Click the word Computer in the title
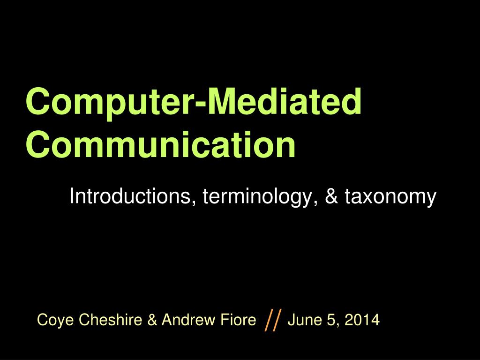tap(109, 102)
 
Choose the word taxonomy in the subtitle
tap(390, 197)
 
